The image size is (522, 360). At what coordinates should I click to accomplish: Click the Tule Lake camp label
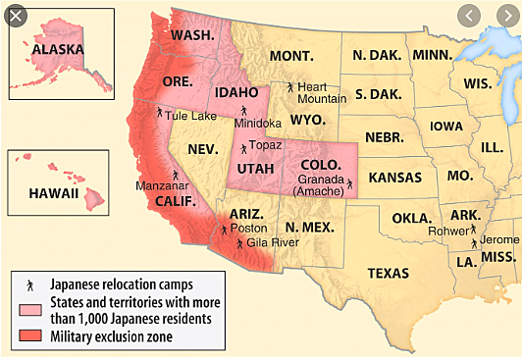190,115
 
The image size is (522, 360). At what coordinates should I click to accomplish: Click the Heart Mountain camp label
321,92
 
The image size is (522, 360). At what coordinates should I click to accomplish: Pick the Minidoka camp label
258,124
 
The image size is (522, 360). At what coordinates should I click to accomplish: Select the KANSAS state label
394,179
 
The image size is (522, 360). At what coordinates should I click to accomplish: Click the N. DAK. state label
372,55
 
